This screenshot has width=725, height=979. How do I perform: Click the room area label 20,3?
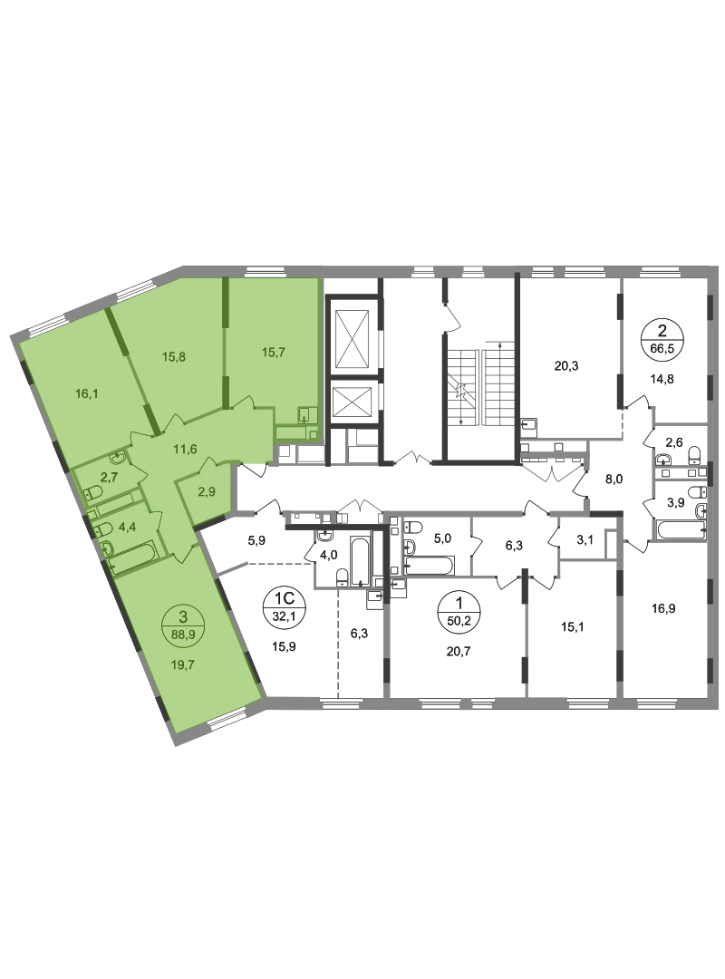(565, 366)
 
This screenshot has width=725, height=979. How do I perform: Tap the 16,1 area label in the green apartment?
(87, 394)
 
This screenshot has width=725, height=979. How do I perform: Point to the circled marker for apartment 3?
(182, 625)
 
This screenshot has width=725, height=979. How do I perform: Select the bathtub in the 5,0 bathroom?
(429, 567)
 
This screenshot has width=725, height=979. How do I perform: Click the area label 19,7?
(182, 665)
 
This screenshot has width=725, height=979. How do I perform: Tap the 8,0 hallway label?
(614, 480)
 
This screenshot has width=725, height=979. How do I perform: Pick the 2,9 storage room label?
(206, 492)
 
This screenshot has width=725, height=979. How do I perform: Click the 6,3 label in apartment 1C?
(359, 633)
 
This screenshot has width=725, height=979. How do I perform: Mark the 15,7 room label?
(273, 353)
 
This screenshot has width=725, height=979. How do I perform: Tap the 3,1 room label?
(585, 540)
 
